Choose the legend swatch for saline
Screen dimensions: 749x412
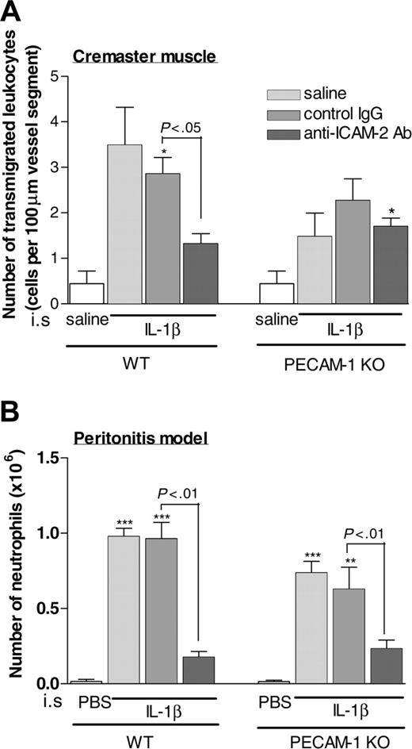coord(269,94)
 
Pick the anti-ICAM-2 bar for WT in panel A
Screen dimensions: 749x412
coord(200,274)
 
